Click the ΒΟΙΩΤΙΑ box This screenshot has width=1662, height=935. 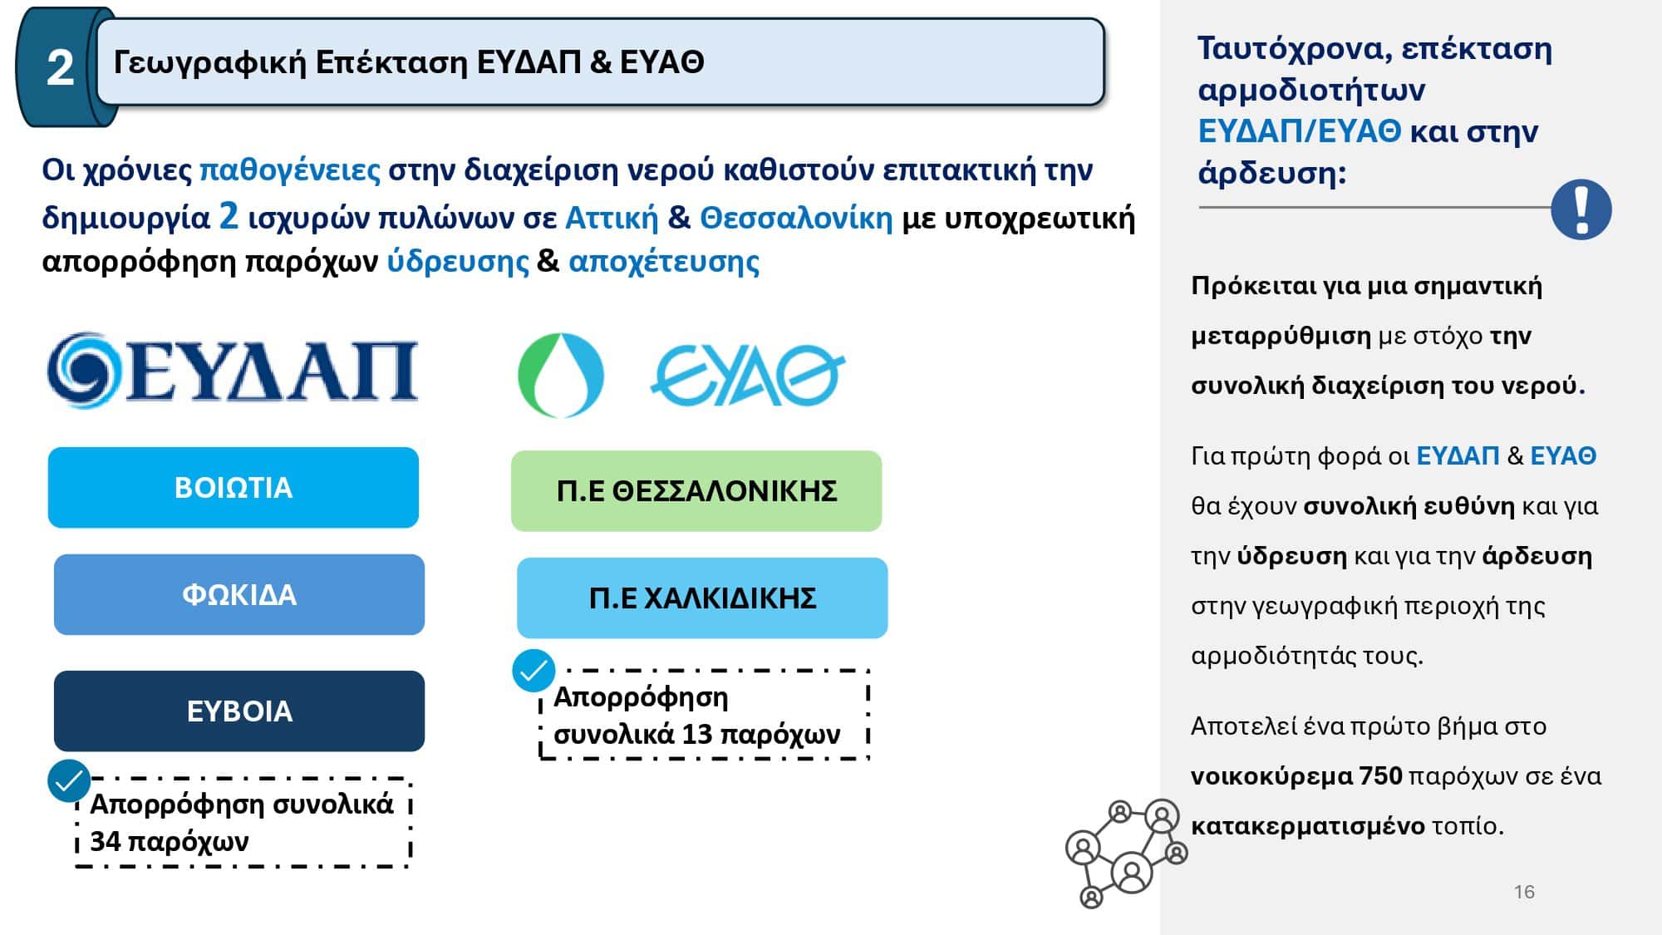[234, 488]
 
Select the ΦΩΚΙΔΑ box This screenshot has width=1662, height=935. [239, 595]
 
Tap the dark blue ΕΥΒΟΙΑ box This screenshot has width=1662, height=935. [239, 711]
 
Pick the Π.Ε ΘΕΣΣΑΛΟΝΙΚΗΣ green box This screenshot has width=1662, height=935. [696, 491]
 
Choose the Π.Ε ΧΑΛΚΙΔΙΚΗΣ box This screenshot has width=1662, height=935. [702, 598]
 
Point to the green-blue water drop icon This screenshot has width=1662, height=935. [560, 375]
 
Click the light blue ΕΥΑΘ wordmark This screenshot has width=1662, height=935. [747, 375]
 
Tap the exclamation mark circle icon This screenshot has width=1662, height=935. [1581, 209]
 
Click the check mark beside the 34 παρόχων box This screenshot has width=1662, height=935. [69, 781]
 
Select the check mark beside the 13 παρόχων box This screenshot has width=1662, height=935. [534, 671]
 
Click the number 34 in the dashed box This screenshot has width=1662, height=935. [106, 841]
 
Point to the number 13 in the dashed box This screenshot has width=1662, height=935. [697, 734]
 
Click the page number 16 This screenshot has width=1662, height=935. [1524, 892]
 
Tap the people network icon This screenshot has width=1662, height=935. [1127, 853]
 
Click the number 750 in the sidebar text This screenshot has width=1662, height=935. [1380, 776]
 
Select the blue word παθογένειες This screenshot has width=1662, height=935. [290, 170]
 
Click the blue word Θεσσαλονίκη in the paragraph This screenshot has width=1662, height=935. [796, 218]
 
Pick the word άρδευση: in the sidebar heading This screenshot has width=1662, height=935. [1271, 173]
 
